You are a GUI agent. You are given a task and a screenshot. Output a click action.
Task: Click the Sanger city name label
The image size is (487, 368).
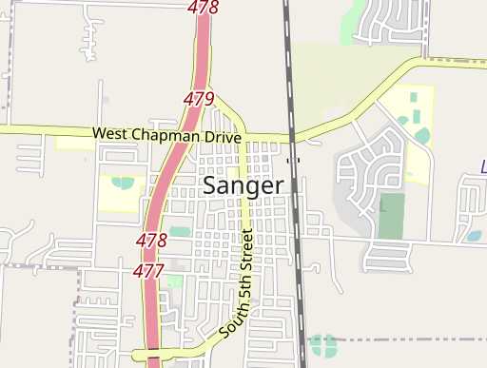coord(242,185)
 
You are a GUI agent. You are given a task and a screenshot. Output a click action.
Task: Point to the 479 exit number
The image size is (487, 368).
coord(198,99)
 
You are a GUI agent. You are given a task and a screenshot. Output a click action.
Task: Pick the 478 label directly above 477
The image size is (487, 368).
coord(152,240)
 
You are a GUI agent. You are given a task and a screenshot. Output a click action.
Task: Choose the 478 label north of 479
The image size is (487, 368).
coord(203,9)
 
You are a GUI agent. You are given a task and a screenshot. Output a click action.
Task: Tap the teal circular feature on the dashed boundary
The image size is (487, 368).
coord(322,343)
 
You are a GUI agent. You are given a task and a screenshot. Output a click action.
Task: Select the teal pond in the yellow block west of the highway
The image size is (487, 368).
coord(123,182)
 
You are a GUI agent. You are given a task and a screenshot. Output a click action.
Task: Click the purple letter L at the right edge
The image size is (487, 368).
coord(483,166)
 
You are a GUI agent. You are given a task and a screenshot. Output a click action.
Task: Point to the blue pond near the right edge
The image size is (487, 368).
coord(473,236)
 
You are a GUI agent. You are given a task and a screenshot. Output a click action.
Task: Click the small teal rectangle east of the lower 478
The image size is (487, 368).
coord(180,231)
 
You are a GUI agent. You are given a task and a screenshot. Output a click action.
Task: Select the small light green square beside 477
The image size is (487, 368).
coord(173,281)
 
